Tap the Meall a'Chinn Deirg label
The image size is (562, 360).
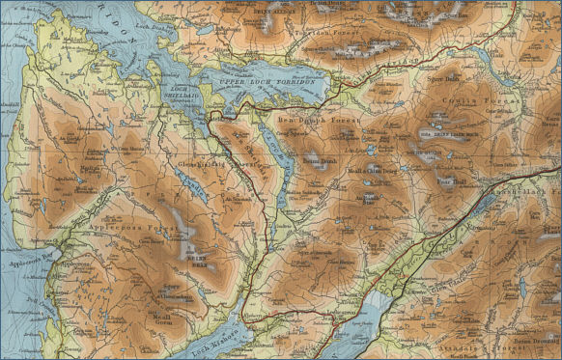(x=372, y=173)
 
